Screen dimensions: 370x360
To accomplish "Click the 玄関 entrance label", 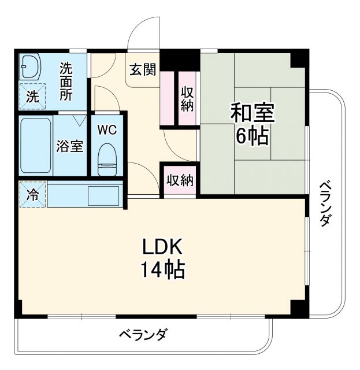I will click(142, 71).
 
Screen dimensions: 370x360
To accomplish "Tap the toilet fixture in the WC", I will click(106, 158).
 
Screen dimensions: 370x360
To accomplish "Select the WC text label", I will click(106, 129).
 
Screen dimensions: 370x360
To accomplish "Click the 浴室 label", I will click(69, 146).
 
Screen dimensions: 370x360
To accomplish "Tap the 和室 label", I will click(253, 112).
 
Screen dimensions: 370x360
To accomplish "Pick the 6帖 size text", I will click(252, 136).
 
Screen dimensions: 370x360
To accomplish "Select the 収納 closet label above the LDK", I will click(180, 180).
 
